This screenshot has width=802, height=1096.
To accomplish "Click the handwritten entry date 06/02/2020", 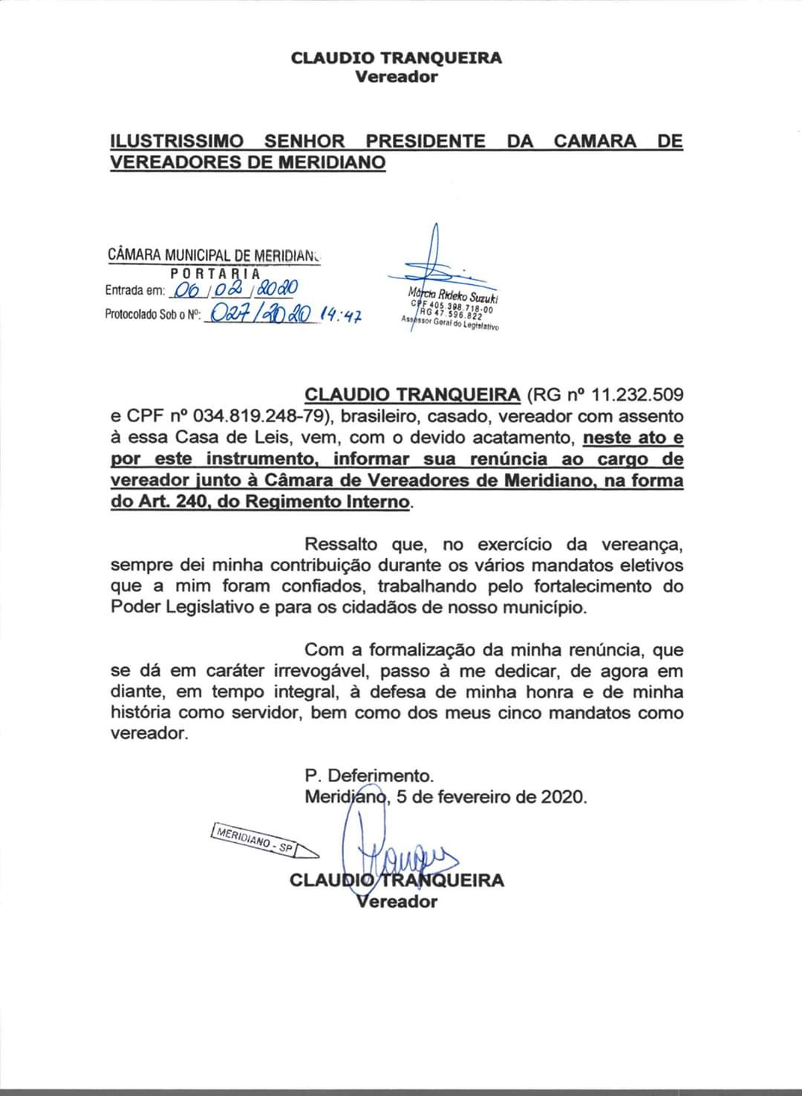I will pyautogui.click(x=235, y=289).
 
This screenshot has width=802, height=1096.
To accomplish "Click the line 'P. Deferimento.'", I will pyautogui.click(x=369, y=776).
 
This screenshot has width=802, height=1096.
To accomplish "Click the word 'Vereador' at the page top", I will pyautogui.click(x=396, y=76).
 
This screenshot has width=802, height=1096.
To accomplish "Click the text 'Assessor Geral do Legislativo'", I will pyautogui.click(x=451, y=324).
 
